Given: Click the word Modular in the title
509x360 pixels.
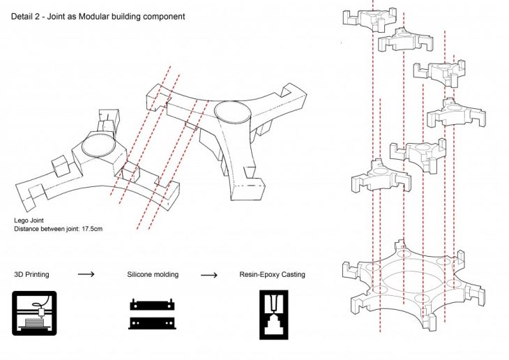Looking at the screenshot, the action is point(93,17).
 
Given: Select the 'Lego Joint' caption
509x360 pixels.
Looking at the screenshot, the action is point(29,220).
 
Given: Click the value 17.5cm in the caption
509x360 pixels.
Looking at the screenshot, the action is point(92,229).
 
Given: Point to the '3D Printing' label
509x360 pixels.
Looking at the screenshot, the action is point(31,275).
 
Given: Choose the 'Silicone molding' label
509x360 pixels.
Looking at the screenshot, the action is point(153,275).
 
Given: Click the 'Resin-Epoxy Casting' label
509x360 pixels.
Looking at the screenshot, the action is point(273,275).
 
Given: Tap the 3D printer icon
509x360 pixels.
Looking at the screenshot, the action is point(34,313).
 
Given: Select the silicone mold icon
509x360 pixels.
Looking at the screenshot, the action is point(152,314).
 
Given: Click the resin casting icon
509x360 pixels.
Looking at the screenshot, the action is point(274,315).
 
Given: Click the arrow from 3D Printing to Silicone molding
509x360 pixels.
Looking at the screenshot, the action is point(86,274).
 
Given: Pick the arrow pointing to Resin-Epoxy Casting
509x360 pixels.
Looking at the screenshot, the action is point(209,276).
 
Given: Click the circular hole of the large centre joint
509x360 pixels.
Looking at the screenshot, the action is point(232,112).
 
